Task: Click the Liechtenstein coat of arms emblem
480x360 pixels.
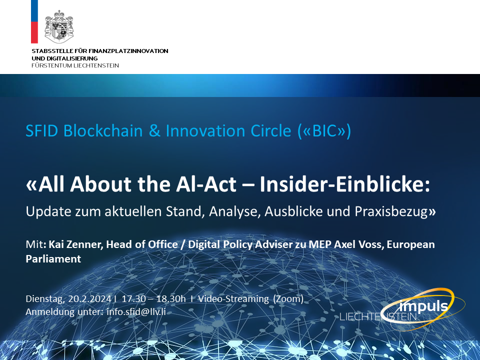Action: click(59, 26)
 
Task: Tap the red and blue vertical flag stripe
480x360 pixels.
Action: click(34, 21)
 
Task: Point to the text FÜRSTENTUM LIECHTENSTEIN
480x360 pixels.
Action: click(75, 65)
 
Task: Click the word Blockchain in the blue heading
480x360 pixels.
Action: click(103, 130)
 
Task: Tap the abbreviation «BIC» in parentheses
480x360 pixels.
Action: click(324, 131)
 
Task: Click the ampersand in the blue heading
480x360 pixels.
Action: click(154, 131)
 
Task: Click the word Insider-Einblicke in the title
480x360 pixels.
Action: click(345, 184)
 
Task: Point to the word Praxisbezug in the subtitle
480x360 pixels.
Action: click(391, 211)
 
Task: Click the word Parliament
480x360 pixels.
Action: click(53, 259)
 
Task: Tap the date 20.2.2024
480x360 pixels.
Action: click(89, 299)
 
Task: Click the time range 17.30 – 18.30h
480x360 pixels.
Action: click(153, 299)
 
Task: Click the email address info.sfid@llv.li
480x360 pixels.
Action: click(136, 312)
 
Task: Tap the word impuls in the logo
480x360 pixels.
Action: click(423, 306)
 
